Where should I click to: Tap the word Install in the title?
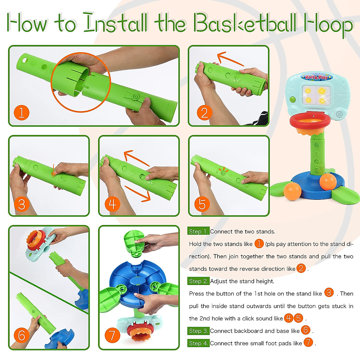click(116, 23)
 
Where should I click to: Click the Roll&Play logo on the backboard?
click(317, 77)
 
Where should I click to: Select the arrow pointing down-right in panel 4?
click(137, 193)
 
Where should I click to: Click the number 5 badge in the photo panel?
click(202, 204)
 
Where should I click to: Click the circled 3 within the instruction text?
click(329, 292)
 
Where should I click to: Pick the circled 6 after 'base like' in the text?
click(306, 330)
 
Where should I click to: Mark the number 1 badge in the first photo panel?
click(22, 113)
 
